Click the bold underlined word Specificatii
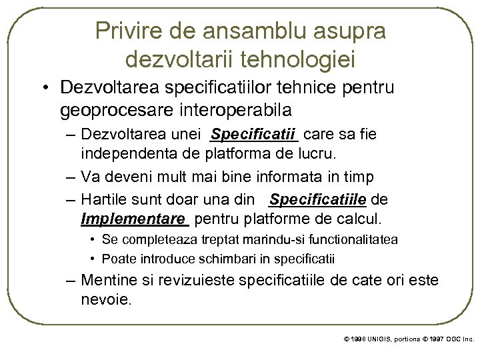pos(253,135)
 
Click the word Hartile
pos(103,199)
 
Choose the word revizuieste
pos(213,280)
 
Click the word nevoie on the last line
pos(107,299)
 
